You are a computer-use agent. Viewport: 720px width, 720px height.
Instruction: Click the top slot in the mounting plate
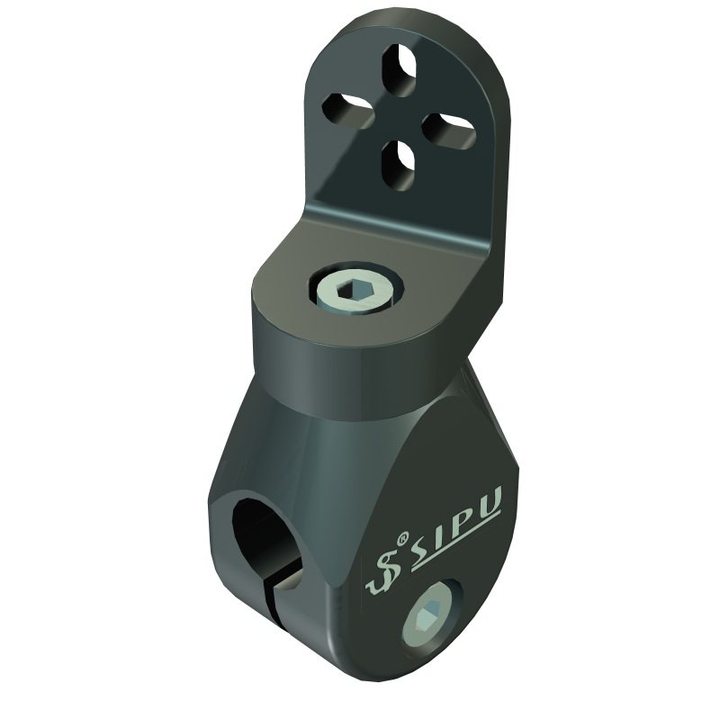(400, 70)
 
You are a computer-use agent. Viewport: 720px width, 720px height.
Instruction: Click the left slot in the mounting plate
(348, 110)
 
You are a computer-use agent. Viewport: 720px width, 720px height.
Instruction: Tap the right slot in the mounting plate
(447, 131)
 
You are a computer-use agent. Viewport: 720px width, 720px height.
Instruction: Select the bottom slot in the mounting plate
(398, 166)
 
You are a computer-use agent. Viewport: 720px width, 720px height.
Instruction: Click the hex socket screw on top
(356, 292)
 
